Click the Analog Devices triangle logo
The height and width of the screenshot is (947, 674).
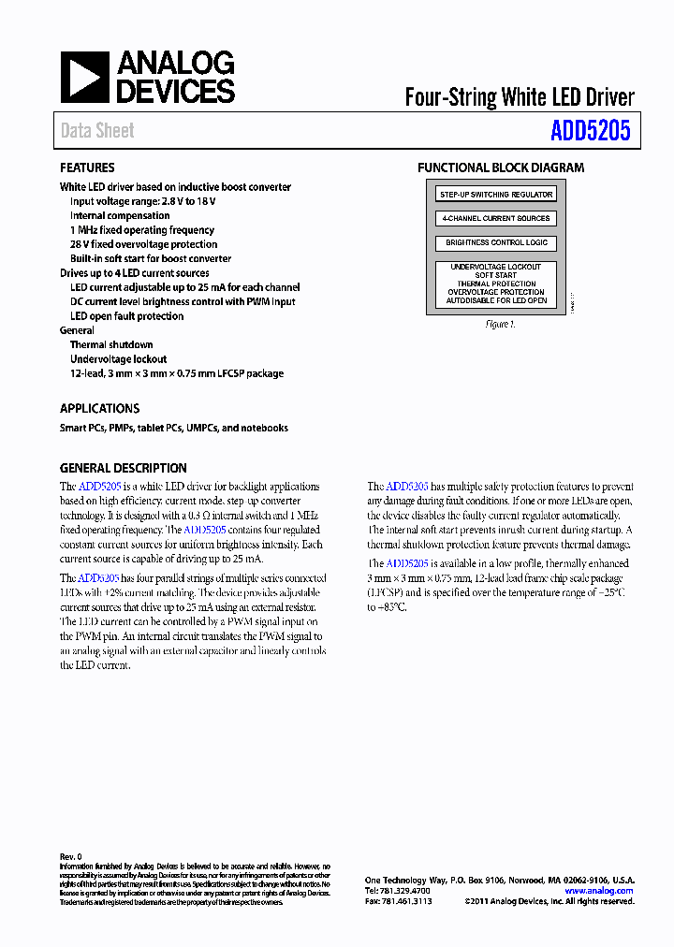84,77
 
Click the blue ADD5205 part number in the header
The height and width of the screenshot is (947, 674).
590,131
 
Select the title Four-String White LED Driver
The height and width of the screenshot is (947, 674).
519,97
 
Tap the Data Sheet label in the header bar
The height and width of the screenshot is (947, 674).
97,131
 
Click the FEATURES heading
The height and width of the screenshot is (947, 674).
87,168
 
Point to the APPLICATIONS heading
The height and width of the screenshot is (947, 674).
99,409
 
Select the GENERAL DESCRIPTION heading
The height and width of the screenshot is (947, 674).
123,468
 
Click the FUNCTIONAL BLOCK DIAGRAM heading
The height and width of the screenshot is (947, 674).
501,168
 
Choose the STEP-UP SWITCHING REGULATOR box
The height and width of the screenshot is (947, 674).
496,195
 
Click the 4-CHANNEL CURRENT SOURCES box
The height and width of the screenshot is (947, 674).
496,218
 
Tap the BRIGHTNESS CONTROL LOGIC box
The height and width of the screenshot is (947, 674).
496,242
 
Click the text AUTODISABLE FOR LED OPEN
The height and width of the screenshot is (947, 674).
496,300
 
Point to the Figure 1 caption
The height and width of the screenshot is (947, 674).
500,325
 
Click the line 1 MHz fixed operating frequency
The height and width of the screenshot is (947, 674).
142,230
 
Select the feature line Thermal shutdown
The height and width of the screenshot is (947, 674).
111,345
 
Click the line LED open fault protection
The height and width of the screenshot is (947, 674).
127,316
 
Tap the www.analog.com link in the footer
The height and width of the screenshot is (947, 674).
599,891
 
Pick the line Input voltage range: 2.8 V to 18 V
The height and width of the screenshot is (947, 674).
143,201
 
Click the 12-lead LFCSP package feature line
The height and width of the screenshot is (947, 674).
177,373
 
